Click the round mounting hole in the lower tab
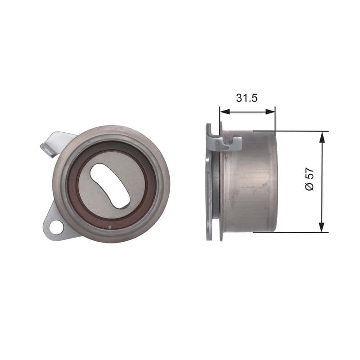coord(57,227)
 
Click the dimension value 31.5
coord(247,98)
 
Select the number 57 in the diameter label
coord(309,175)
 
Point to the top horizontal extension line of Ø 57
coord(297,131)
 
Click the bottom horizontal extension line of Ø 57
coord(297,232)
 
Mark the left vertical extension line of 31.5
coord(220,119)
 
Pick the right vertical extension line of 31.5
coord(274,119)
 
